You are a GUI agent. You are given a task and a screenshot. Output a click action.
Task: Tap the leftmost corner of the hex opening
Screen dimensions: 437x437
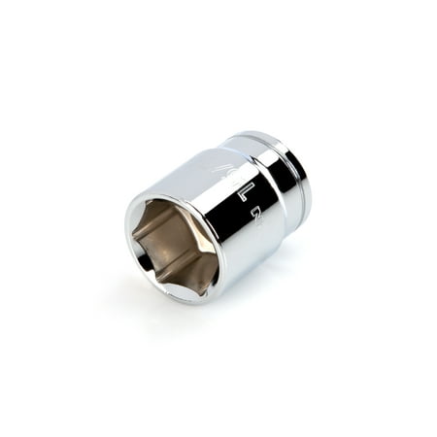[135, 231]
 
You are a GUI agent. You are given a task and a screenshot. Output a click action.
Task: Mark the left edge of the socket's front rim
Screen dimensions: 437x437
[126, 238]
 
